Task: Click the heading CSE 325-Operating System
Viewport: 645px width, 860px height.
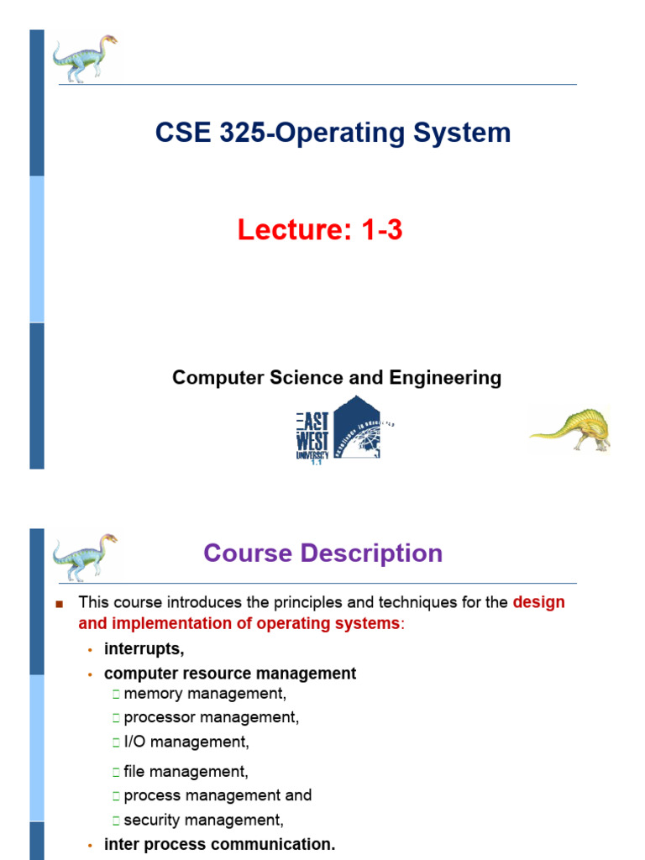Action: [333, 133]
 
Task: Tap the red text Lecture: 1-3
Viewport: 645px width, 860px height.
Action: [320, 230]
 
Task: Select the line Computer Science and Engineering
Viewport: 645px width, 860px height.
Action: [336, 378]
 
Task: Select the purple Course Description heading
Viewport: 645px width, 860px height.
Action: [322, 553]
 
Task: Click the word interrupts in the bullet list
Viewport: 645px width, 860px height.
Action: [144, 648]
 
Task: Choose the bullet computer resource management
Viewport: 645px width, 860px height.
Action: [230, 674]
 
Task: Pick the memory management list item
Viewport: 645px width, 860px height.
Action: [205, 694]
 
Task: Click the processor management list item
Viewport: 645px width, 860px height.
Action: [211, 717]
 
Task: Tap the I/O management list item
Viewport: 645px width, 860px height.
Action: [186, 742]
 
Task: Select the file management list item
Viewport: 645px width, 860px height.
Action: [186, 771]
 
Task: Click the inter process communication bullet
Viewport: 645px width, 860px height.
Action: [219, 845]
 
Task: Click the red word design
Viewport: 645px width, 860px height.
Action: [538, 602]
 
